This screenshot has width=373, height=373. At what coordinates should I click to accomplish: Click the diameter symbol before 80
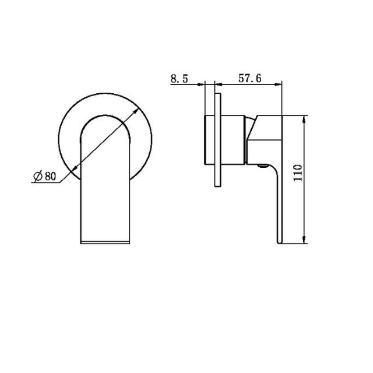click(x=37, y=177)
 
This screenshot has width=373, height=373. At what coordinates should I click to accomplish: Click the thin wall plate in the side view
click(x=218, y=140)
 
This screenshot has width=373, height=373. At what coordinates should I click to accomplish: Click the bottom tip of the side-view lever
click(x=279, y=241)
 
